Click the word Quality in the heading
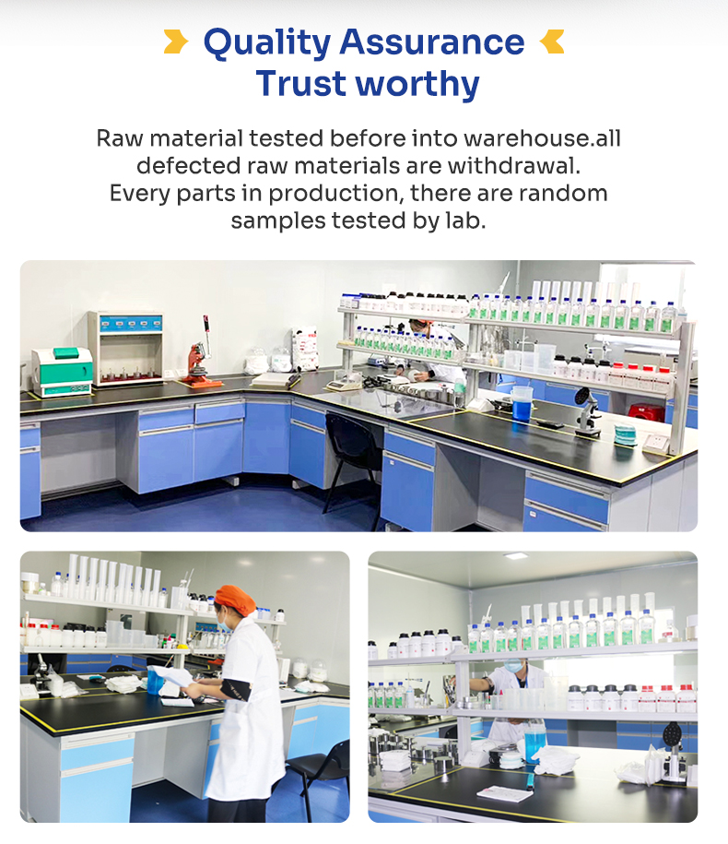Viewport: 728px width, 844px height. click(267, 43)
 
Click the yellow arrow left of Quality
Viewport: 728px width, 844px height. click(176, 42)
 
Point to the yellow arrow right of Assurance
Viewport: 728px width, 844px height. click(552, 42)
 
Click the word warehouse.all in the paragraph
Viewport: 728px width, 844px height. click(542, 138)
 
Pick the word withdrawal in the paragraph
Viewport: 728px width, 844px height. click(513, 166)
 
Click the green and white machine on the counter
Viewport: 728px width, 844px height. click(62, 372)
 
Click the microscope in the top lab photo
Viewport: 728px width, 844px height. click(587, 411)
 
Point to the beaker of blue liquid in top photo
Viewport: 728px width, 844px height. click(521, 404)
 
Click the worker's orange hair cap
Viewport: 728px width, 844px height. click(235, 600)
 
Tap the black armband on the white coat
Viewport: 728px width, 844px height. click(236, 690)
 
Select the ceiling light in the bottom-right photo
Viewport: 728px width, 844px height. click(516, 556)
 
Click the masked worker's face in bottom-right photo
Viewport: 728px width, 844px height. click(513, 666)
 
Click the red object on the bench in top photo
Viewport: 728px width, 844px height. click(647, 412)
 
